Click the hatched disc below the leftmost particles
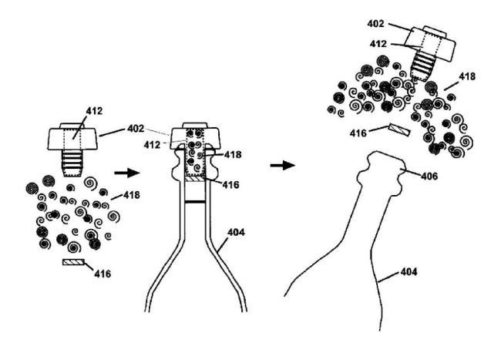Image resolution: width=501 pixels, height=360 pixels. (76, 263)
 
